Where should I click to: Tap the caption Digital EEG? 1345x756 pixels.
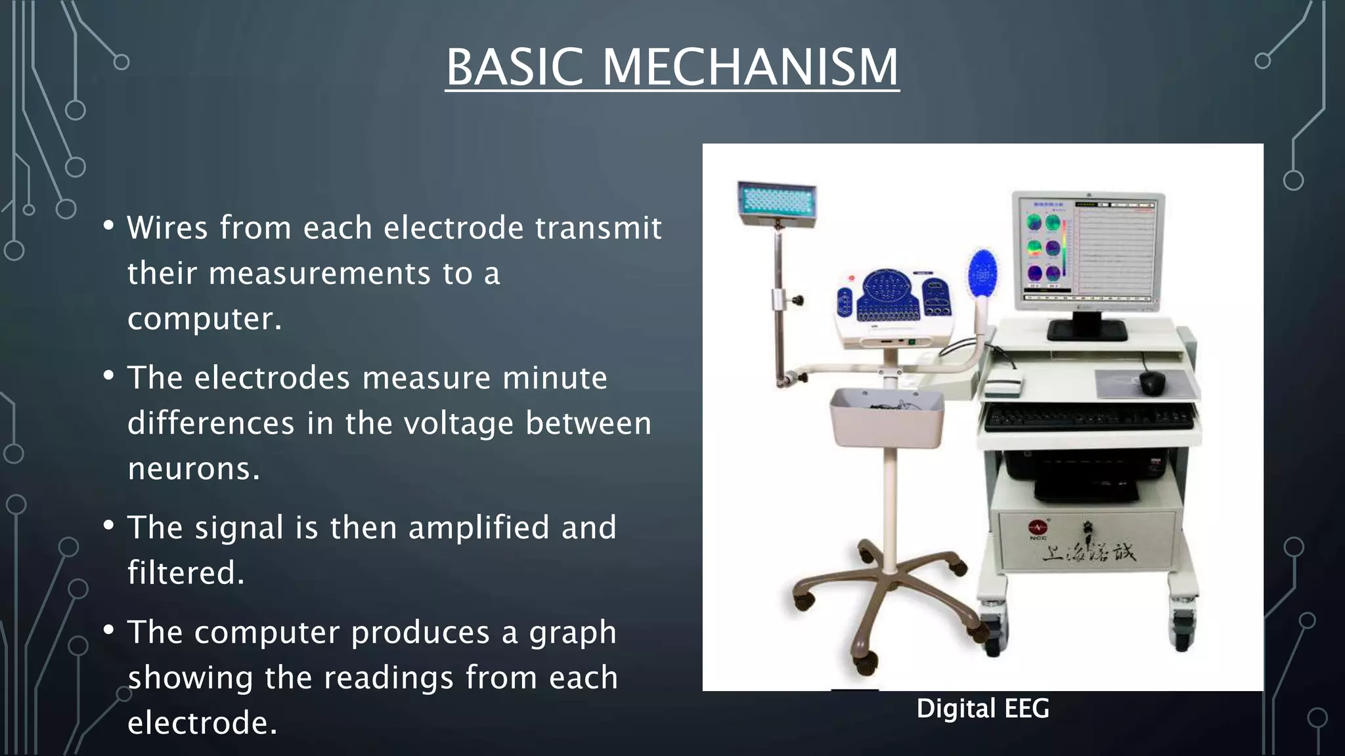(982, 709)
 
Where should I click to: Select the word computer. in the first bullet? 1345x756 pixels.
(204, 319)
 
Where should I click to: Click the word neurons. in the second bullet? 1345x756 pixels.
(194, 469)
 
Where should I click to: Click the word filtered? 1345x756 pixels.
(186, 573)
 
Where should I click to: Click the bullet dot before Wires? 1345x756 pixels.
(109, 226)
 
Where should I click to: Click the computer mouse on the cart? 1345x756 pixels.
(1152, 383)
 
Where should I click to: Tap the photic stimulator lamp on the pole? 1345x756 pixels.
(777, 201)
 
